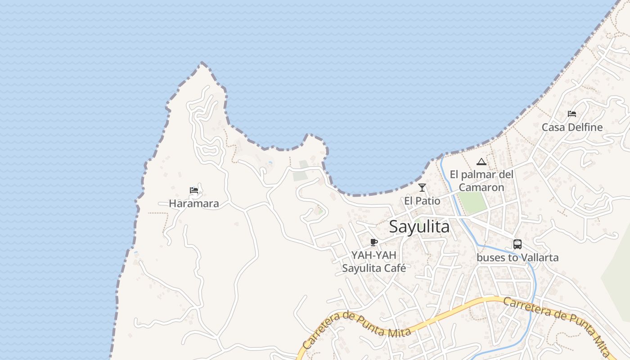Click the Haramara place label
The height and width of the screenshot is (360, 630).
tap(194, 203)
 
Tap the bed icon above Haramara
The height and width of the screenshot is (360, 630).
tap(194, 190)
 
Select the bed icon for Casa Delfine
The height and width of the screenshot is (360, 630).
tap(572, 114)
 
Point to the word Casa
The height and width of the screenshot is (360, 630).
tap(552, 127)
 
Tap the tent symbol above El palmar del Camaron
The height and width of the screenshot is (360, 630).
tap(481, 162)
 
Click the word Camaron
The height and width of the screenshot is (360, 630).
tap(481, 187)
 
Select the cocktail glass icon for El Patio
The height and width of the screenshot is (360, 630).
tap(422, 188)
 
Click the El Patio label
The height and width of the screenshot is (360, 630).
tap(422, 201)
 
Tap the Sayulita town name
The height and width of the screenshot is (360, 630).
tap(419, 227)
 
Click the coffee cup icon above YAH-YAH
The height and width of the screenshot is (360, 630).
tap(373, 243)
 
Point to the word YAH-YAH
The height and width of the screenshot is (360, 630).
tap(374, 255)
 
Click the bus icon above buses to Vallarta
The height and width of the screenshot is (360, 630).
tap(517, 244)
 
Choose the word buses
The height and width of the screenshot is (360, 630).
tap(490, 258)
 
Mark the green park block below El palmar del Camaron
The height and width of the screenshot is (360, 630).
tap(472, 203)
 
